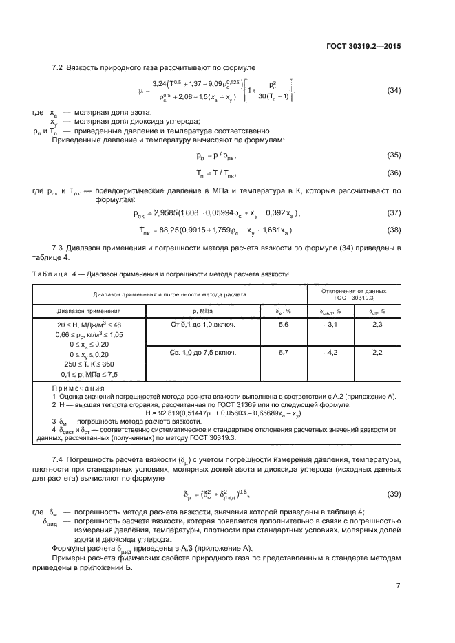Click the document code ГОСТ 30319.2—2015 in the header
[364, 46]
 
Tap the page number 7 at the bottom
[399, 585]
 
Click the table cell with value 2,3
[377, 324]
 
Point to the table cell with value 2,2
[377, 353]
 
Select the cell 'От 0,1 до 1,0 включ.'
[202, 324]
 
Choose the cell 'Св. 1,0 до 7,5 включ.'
[203, 353]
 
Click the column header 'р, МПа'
[202, 311]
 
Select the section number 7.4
[59, 459]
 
